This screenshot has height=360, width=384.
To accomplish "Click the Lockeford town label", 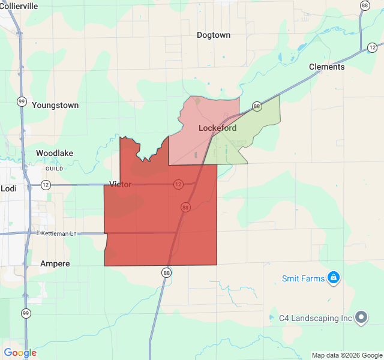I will pyautogui.click(x=217, y=128).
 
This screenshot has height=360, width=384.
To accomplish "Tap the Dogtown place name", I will pyautogui.click(x=214, y=35).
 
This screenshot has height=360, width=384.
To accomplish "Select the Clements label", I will pyautogui.click(x=327, y=67).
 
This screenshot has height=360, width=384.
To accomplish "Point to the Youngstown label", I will pyautogui.click(x=55, y=105).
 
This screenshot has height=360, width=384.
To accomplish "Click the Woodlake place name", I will pyautogui.click(x=55, y=153).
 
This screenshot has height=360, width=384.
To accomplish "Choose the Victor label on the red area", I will pyautogui.click(x=121, y=184).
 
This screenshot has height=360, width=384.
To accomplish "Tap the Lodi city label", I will pyautogui.click(x=9, y=188).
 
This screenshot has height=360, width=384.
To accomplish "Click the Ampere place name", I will pyautogui.click(x=55, y=263).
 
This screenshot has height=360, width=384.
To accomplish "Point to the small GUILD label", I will pyautogui.click(x=55, y=169).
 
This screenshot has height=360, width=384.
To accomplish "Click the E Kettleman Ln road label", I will pyautogui.click(x=57, y=233).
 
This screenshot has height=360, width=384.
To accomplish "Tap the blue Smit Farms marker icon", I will pyautogui.click(x=334, y=278).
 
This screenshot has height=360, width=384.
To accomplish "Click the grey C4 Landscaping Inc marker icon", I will pyautogui.click(x=361, y=317).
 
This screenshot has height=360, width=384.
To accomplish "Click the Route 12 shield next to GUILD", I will pyautogui.click(x=46, y=185).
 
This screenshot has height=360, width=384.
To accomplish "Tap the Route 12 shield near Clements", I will pyautogui.click(x=373, y=47).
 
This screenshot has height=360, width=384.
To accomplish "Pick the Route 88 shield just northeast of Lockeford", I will pyautogui.click(x=257, y=107).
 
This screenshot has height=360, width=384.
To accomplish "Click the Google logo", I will pyautogui.click(x=20, y=353).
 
